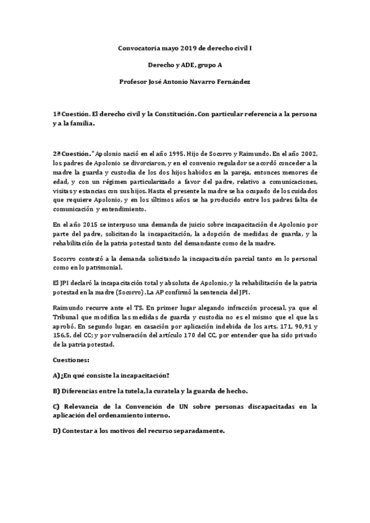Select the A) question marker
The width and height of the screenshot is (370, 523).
tap(56, 374)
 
